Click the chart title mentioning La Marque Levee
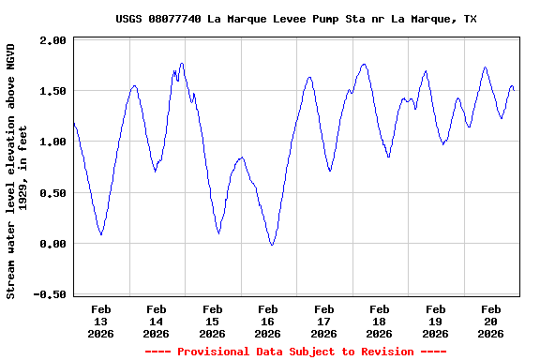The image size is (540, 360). pyautogui.click(x=295, y=19)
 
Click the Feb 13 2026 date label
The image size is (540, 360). pyautogui.click(x=101, y=321)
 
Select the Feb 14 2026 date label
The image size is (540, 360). pyautogui.click(x=157, y=321)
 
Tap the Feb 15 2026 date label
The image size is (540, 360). pyautogui.click(x=213, y=321)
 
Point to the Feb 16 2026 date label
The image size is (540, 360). pyautogui.click(x=268, y=321)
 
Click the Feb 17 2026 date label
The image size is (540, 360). pyautogui.click(x=324, y=321)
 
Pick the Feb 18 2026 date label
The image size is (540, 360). pyautogui.click(x=380, y=321)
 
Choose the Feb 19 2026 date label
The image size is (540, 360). pyautogui.click(x=435, y=321)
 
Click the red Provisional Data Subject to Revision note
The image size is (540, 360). pyautogui.click(x=295, y=352)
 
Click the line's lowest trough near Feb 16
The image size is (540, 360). pyautogui.click(x=272, y=245)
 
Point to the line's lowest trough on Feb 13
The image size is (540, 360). pyautogui.click(x=101, y=234)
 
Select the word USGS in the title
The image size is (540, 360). pyautogui.click(x=130, y=19)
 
